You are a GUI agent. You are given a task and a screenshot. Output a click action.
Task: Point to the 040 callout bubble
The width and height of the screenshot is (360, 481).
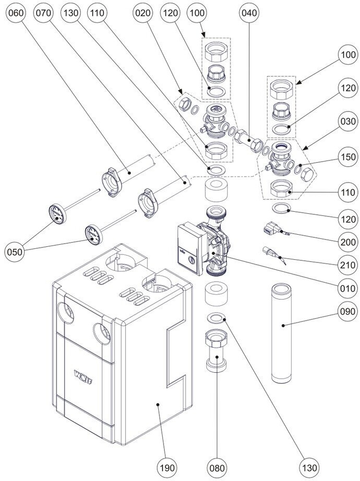pyautogui.click(x=250, y=15)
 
